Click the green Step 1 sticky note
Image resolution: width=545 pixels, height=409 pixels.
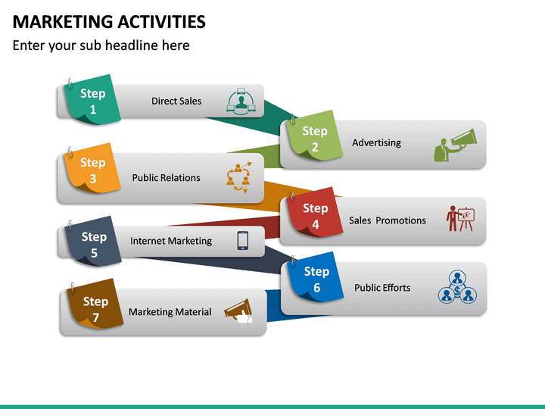click(x=93, y=101)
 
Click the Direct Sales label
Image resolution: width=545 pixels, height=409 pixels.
click(x=176, y=101)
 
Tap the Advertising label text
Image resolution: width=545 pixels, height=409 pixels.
click(x=376, y=142)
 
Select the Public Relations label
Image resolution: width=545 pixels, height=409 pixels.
click(x=166, y=178)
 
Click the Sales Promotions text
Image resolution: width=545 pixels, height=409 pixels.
click(x=387, y=220)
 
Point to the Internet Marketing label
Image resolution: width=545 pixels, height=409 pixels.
click(x=171, y=241)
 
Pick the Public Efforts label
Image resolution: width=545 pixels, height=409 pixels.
click(x=382, y=288)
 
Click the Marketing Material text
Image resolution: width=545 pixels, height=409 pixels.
click(x=170, y=312)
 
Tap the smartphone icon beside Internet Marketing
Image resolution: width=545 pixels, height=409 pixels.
click(x=243, y=240)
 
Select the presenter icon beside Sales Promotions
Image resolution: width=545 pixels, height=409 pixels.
click(x=459, y=218)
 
